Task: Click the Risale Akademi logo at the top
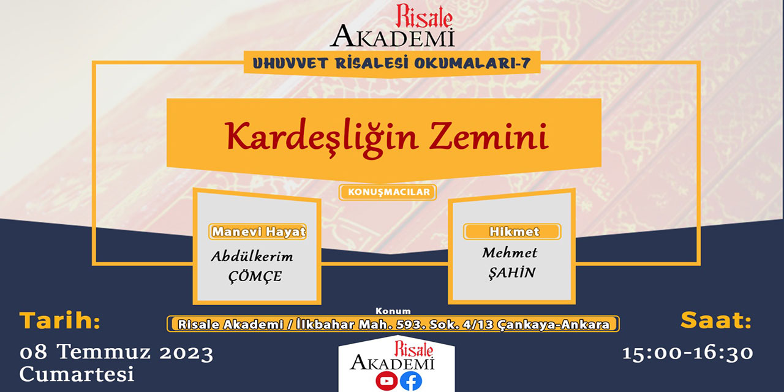point(393,26)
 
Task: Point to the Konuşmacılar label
point(388,192)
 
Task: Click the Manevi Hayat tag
point(258,232)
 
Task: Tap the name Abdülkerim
point(252,256)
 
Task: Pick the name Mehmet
point(509,252)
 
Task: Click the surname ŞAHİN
point(511,273)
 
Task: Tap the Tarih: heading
point(59,320)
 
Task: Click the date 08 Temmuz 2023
point(116,353)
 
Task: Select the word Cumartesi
point(77,374)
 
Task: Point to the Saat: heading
point(715,320)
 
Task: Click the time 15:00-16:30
point(688,353)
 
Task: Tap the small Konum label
point(393,311)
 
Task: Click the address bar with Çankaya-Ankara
point(393,324)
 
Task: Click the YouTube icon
point(386,381)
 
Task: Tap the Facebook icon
point(411,381)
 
